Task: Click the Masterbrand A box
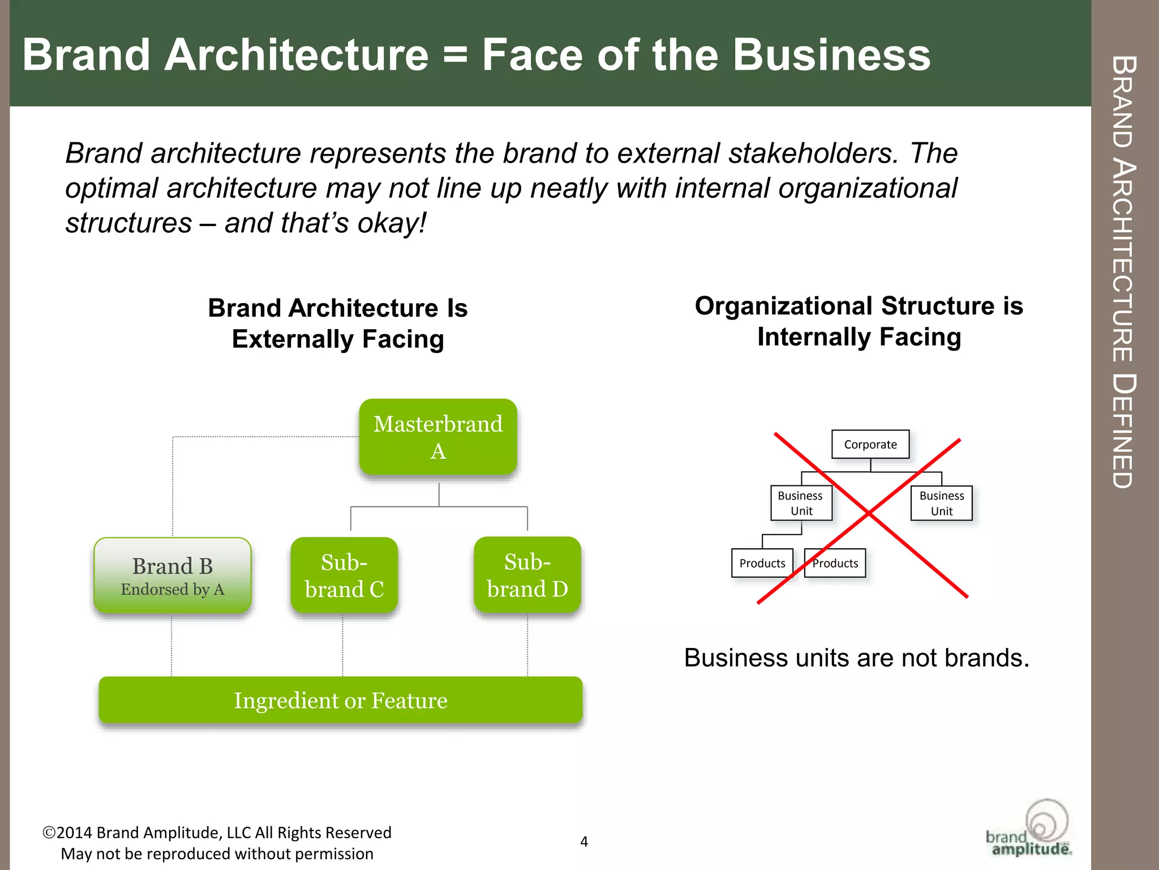click(438, 437)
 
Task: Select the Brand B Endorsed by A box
click(173, 575)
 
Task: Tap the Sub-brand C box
click(344, 575)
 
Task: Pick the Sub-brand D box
click(527, 575)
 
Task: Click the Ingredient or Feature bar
click(341, 700)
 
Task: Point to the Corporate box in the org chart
click(870, 445)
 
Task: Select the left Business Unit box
click(801, 503)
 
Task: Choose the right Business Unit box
click(942, 503)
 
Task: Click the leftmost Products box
click(762, 563)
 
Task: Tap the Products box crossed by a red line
click(835, 563)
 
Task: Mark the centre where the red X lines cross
click(869, 513)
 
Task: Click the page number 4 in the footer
click(584, 842)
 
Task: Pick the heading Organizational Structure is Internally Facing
click(859, 321)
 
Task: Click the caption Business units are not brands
click(856, 658)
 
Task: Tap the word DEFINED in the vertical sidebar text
click(1123, 430)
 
